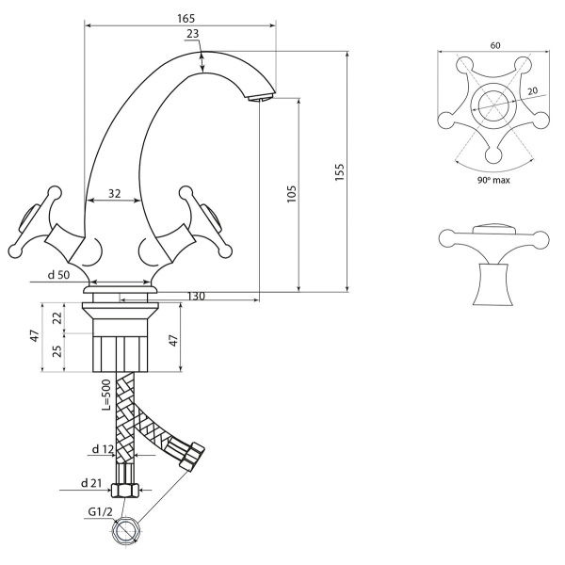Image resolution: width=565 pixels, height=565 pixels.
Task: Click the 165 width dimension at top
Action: click(x=186, y=18)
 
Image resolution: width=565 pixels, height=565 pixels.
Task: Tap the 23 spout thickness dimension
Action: click(x=193, y=34)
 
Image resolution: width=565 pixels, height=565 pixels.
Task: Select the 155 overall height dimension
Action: click(x=339, y=172)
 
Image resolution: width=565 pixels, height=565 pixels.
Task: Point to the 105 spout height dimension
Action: click(x=291, y=193)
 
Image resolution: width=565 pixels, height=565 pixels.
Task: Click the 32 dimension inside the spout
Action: click(x=115, y=194)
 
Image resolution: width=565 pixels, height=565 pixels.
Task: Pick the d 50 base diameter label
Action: click(x=58, y=275)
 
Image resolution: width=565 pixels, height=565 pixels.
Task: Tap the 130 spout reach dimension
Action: click(x=197, y=297)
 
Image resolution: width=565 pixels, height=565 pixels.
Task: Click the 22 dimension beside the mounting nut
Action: click(x=57, y=318)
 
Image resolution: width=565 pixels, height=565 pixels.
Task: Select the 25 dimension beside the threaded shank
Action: click(x=57, y=350)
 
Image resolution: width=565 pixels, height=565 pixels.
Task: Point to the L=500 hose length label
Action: click(x=106, y=395)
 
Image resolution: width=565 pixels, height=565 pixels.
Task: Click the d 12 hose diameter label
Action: click(x=103, y=449)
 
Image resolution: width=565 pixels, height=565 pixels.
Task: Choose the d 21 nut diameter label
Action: click(x=91, y=483)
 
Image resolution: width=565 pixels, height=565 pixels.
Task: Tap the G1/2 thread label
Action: click(x=100, y=511)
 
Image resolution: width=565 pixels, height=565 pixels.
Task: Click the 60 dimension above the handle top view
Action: click(x=495, y=45)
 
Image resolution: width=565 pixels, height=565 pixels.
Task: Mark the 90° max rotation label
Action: click(x=494, y=180)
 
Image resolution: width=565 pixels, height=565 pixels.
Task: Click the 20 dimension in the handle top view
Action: click(x=532, y=90)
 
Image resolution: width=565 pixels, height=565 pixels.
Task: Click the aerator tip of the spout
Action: click(x=261, y=98)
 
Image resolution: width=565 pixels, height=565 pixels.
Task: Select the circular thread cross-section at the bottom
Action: click(x=126, y=532)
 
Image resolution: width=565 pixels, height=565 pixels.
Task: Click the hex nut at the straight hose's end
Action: click(x=124, y=491)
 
